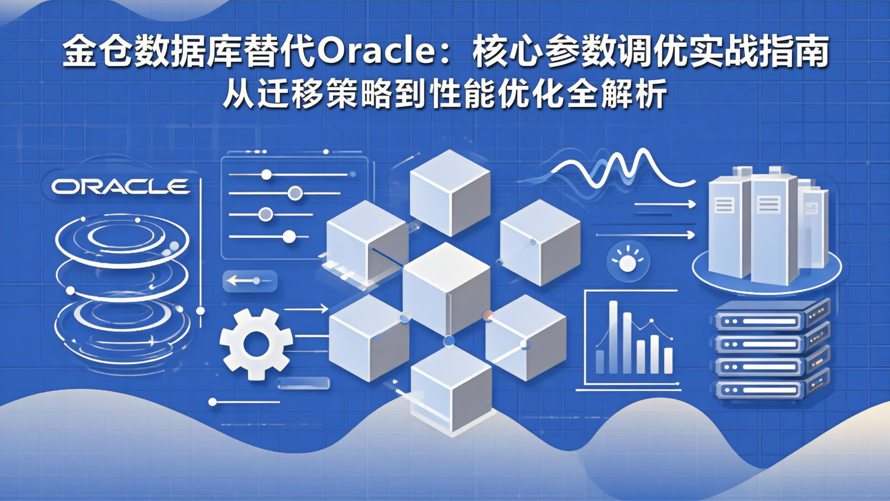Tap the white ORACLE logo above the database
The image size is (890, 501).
[120, 187]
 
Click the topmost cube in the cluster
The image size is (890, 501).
[450, 191]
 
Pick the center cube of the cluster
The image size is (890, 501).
[446, 288]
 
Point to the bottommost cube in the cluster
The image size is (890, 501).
[451, 387]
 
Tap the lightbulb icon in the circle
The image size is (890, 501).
[628, 262]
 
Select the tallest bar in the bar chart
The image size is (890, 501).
[613, 336]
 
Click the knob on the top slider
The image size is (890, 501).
[266, 175]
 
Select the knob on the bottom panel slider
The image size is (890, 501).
[289, 236]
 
